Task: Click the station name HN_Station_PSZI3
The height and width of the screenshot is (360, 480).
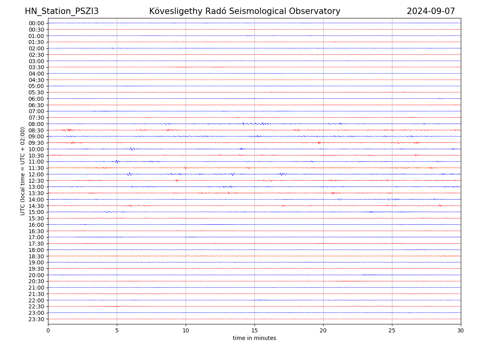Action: (62, 11)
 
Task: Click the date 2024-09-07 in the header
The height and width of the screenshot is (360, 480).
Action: (431, 11)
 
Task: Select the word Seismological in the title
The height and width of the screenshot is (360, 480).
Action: (264, 11)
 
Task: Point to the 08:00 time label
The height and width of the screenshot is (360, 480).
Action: (36, 124)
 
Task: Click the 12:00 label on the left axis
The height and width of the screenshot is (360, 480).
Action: (36, 174)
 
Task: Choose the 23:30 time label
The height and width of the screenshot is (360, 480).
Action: (36, 319)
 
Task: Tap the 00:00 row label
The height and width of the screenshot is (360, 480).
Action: (36, 23)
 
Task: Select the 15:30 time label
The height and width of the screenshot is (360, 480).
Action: (36, 218)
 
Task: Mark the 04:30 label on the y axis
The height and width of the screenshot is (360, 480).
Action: (36, 80)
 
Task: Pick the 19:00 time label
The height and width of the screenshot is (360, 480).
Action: (36, 262)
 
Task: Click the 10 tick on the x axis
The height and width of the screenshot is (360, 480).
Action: (186, 331)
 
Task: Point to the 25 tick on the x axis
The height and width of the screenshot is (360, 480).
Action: (392, 331)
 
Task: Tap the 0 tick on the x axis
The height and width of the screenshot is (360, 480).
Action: (48, 331)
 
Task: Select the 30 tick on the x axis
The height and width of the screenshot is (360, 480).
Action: (461, 331)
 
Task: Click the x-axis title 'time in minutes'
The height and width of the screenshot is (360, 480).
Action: (254, 338)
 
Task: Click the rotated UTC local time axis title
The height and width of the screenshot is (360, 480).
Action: (23, 171)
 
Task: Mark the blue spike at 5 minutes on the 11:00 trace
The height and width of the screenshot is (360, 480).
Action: (117, 162)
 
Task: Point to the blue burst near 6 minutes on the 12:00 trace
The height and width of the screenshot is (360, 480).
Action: (129, 174)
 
